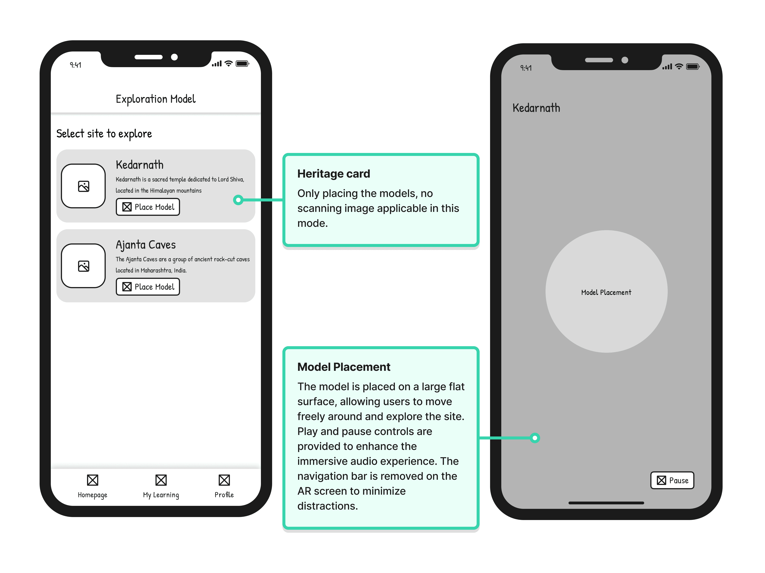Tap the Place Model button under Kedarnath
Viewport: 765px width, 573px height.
pyautogui.click(x=148, y=207)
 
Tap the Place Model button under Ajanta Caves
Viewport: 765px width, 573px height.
pyautogui.click(x=148, y=287)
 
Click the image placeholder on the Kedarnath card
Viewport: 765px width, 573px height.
pyautogui.click(x=83, y=186)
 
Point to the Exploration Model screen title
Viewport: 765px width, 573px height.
pyautogui.click(x=156, y=99)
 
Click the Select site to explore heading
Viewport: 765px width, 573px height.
pyautogui.click(x=104, y=134)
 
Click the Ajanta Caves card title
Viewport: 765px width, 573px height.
pyautogui.click(x=146, y=245)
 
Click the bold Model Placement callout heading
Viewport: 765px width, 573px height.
pyautogui.click(x=344, y=367)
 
